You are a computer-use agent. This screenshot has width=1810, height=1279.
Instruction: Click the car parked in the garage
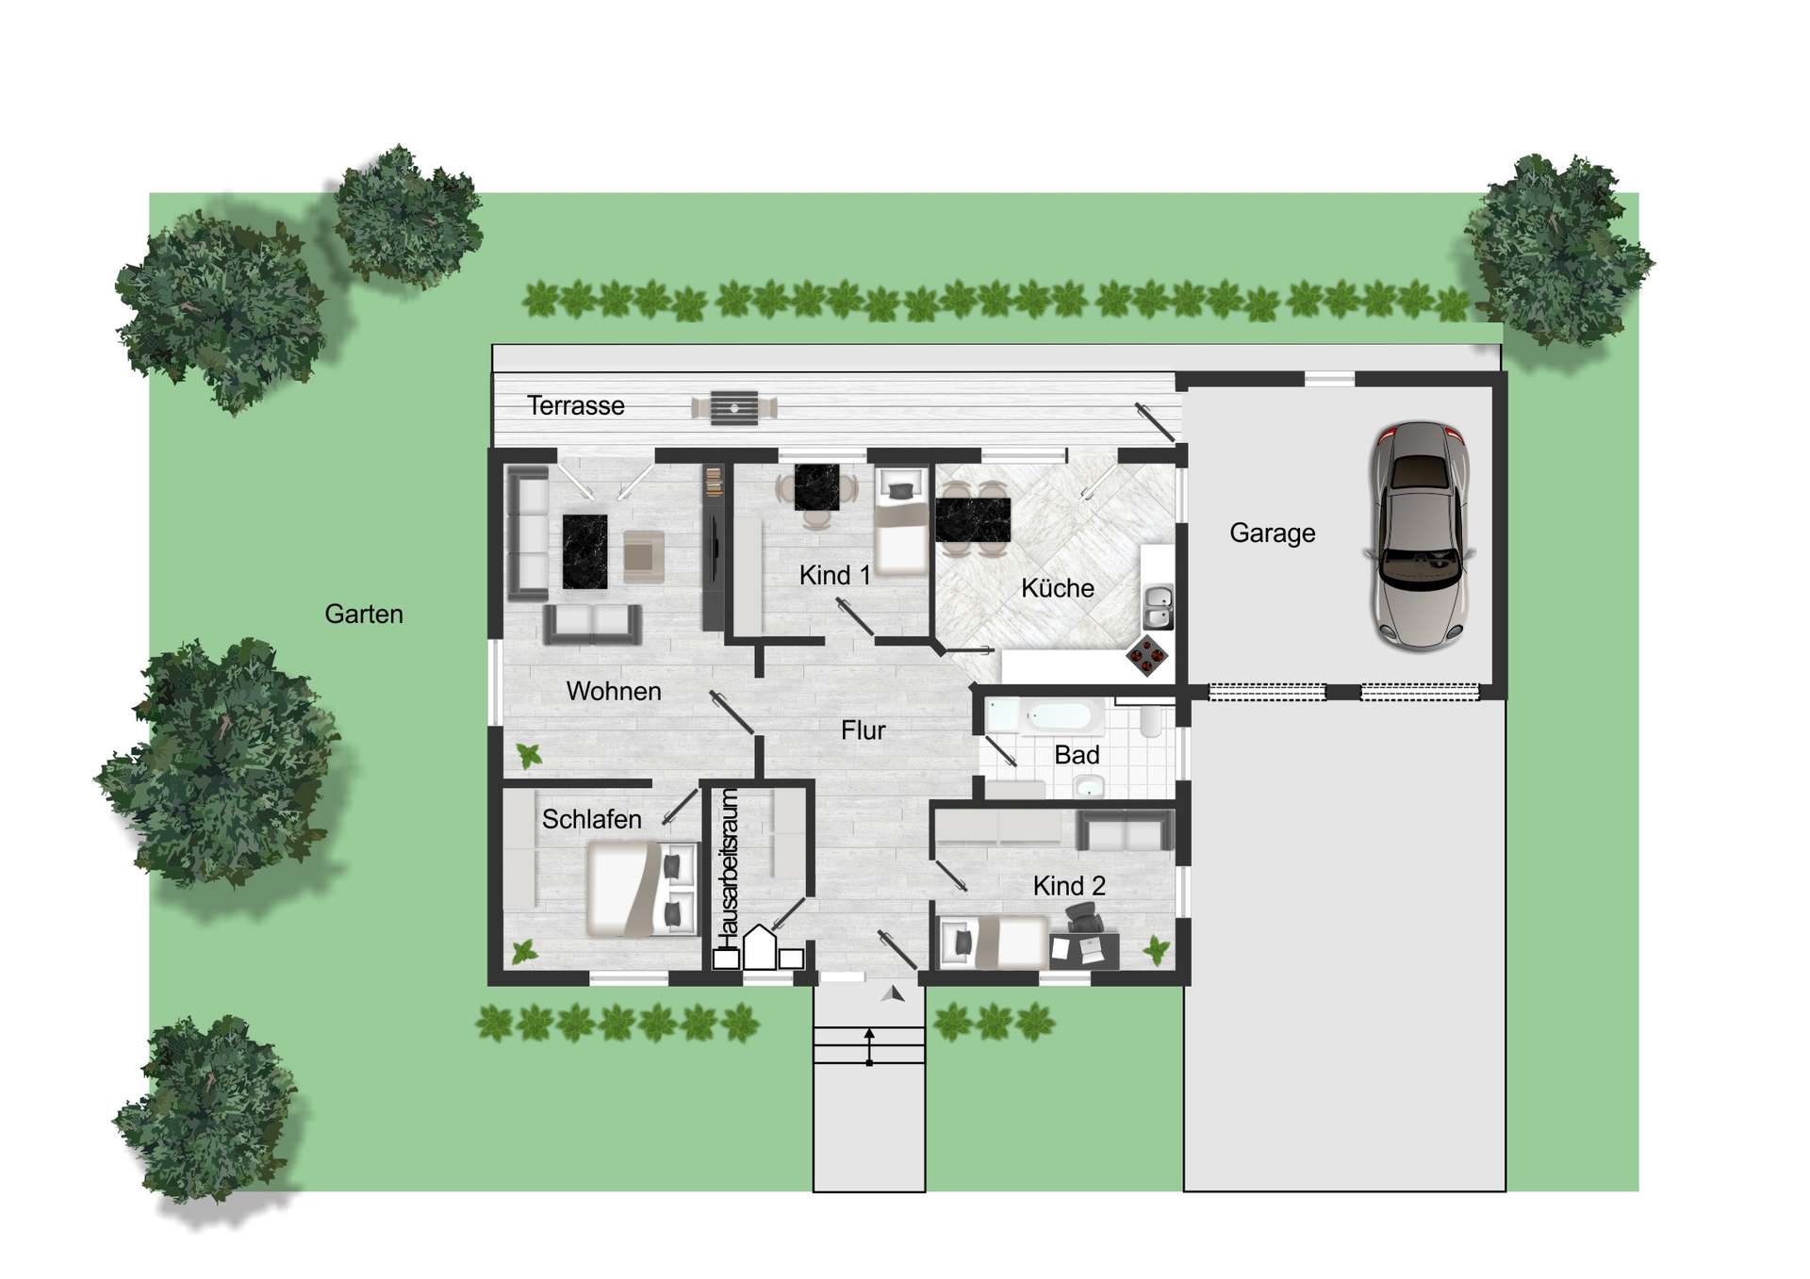(x=1420, y=535)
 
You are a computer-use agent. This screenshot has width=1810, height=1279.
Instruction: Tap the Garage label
(x=1272, y=533)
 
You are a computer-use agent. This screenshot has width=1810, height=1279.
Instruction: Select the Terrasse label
(x=575, y=405)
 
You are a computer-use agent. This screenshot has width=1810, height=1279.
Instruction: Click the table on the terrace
(x=734, y=408)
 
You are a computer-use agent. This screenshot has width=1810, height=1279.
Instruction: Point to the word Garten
(x=364, y=615)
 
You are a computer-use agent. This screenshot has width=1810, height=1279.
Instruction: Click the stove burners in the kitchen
(x=1147, y=654)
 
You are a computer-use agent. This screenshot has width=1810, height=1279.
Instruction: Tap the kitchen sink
(x=1158, y=606)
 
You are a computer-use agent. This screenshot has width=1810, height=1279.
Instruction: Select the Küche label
(x=1058, y=588)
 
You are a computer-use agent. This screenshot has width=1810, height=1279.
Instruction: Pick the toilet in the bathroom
(x=1151, y=720)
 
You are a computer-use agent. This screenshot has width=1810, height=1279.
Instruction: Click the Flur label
(x=863, y=730)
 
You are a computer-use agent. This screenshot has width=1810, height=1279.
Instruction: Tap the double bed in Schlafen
(x=642, y=889)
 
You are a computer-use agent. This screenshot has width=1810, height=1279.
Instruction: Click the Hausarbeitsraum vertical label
(x=729, y=869)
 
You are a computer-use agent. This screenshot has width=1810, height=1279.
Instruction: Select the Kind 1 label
(x=834, y=575)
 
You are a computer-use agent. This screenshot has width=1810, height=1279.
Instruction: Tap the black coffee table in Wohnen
(x=584, y=551)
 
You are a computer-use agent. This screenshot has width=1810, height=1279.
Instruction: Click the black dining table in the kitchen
(x=973, y=519)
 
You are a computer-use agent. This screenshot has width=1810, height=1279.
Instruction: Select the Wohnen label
(x=614, y=692)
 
